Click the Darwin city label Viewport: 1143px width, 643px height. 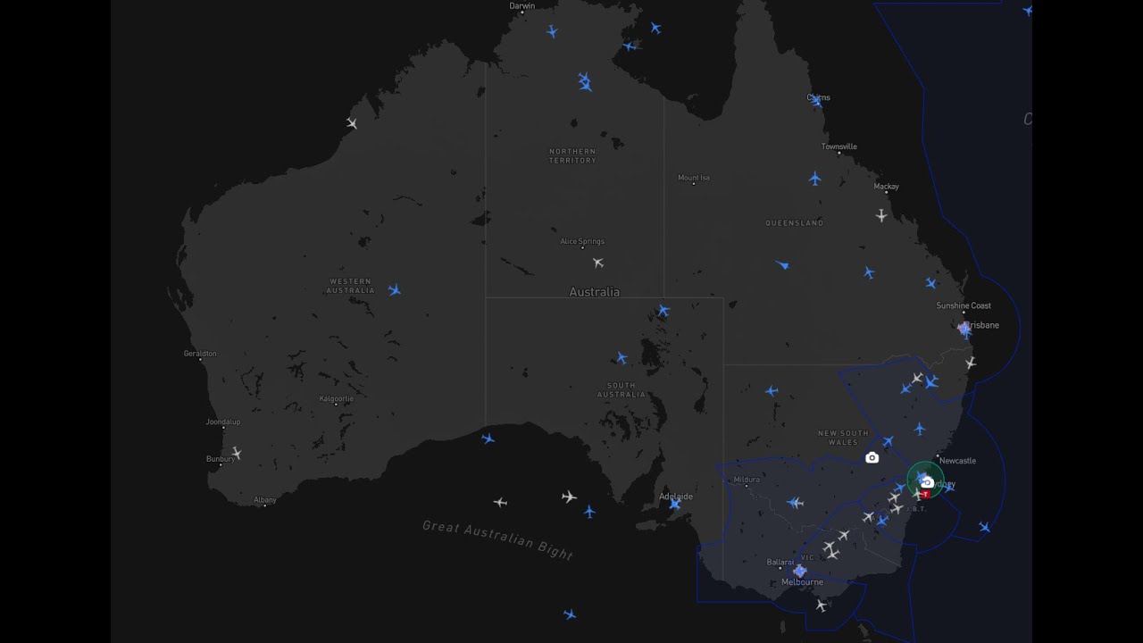522,6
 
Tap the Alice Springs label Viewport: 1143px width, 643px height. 582,241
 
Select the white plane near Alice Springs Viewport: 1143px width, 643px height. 598,263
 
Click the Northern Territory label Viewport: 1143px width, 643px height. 572,156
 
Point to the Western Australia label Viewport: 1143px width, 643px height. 350,286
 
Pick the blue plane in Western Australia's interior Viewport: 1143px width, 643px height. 394,290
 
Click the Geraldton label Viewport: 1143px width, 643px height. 200,354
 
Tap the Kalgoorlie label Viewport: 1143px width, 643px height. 337,398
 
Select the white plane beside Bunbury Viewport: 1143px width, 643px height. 236,453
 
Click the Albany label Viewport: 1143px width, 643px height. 264,500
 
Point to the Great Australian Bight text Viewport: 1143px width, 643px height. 496,539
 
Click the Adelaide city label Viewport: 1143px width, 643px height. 675,497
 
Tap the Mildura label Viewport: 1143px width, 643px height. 747,480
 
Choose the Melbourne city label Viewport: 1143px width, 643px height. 802,582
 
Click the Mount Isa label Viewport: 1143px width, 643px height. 694,178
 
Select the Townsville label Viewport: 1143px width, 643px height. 839,146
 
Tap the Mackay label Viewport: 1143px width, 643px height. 887,187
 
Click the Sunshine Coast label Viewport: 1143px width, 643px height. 964,305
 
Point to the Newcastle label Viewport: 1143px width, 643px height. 957,461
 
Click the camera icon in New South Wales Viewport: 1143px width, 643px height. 872,457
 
